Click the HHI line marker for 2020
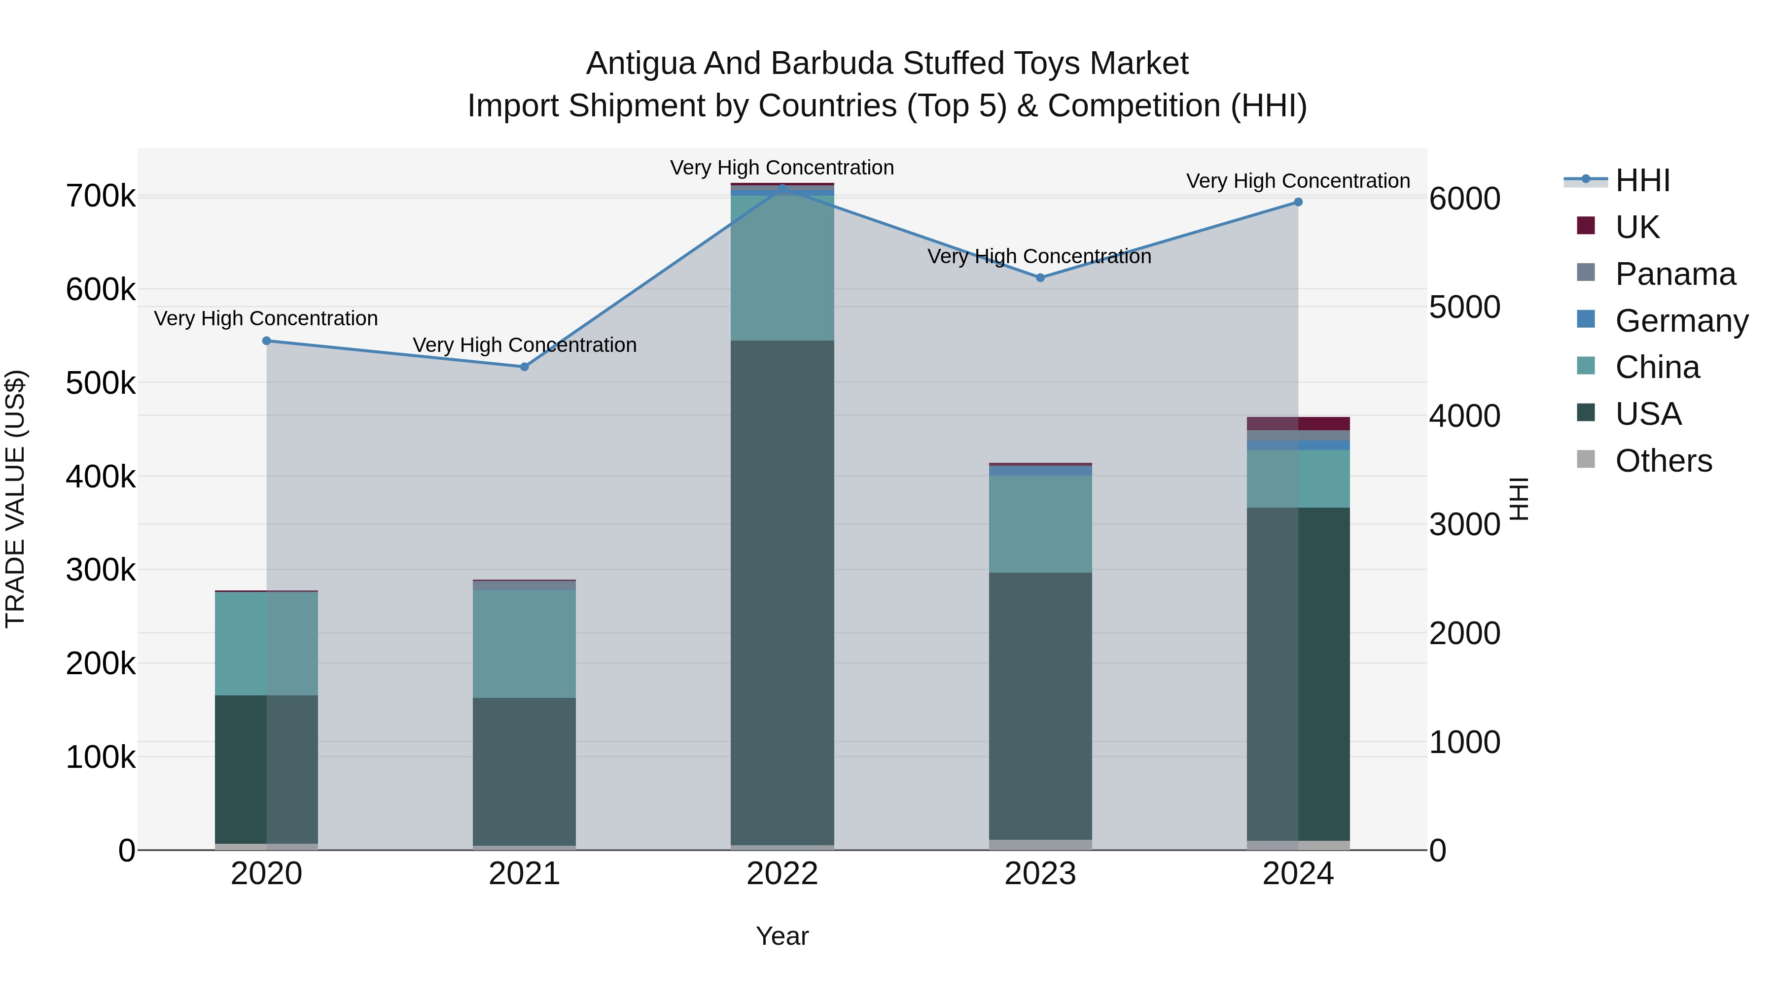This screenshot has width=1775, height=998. [267, 341]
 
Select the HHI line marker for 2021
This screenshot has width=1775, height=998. [525, 367]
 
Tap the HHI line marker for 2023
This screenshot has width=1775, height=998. [1040, 277]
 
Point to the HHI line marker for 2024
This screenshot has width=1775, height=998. [1298, 202]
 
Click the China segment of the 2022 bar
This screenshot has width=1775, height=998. [782, 269]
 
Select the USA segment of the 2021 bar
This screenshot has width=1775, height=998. [525, 771]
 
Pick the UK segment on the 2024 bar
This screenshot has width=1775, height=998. [1298, 423]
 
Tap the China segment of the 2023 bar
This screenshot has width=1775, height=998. [1040, 523]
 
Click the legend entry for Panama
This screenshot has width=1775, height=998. [1674, 274]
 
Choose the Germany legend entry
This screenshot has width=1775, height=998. [1681, 321]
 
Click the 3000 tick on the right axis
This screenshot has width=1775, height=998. [1464, 525]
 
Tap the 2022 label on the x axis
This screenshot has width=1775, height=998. [782, 874]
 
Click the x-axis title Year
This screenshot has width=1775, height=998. [782, 936]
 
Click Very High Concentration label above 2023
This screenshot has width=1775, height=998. [1039, 256]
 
